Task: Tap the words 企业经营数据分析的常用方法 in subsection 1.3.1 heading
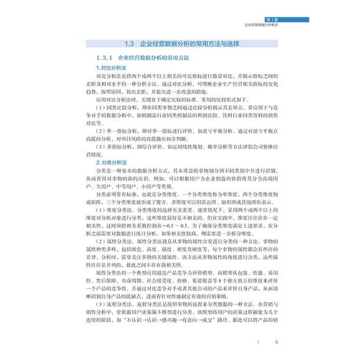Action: [x=156, y=58]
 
